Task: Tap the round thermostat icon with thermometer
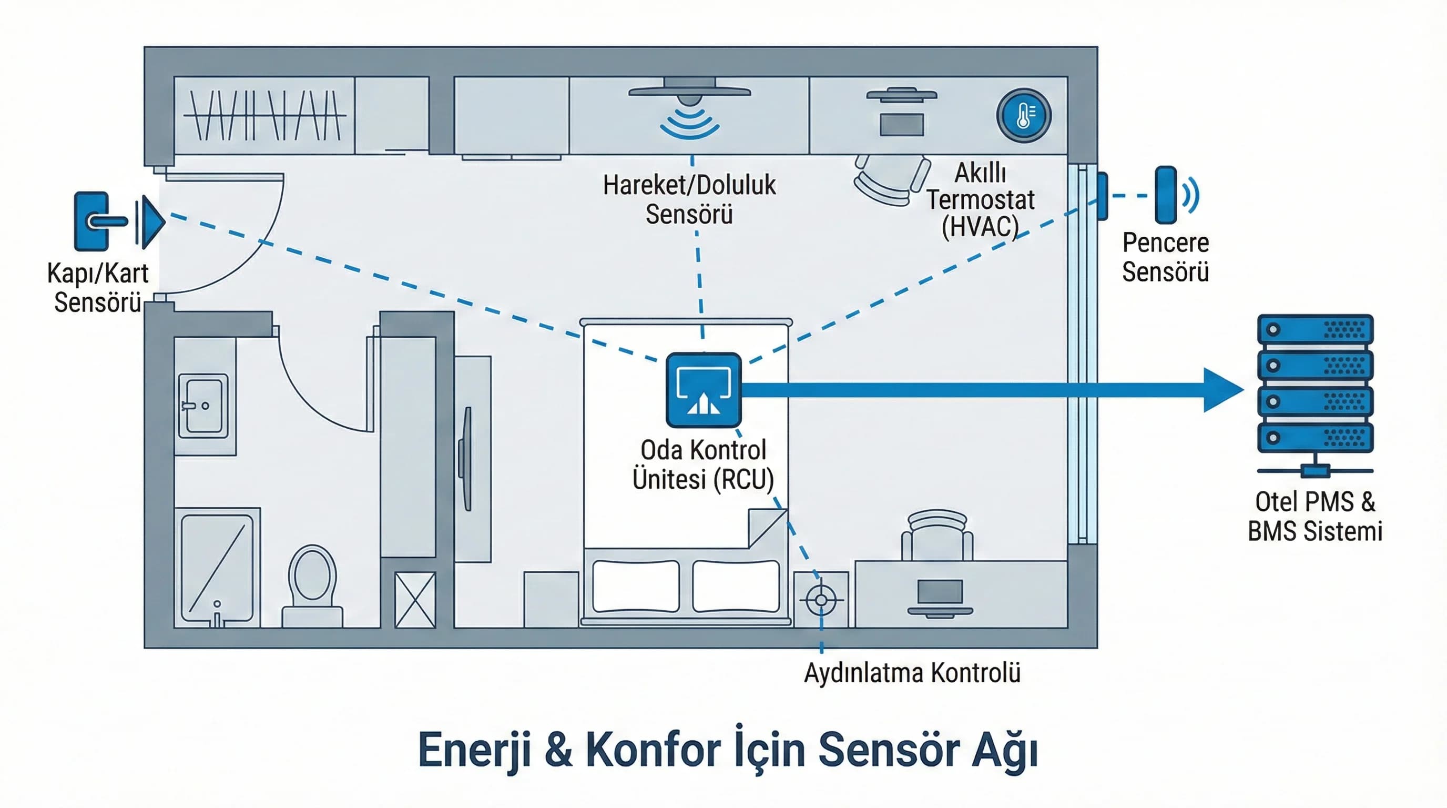pos(1023,115)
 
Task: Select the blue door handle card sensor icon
pos(91,221)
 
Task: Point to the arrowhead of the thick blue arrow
pos(1225,390)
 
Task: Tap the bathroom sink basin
pos(203,406)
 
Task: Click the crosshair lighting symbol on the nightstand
pos(821,600)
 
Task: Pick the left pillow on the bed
pos(635,586)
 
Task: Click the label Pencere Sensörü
pos(1165,257)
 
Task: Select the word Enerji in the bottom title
pos(475,751)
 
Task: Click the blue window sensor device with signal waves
pos(1166,195)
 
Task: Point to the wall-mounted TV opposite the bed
pos(466,459)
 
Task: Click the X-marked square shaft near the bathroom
pos(414,600)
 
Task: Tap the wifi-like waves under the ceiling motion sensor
pos(690,124)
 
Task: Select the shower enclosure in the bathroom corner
pos(217,568)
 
